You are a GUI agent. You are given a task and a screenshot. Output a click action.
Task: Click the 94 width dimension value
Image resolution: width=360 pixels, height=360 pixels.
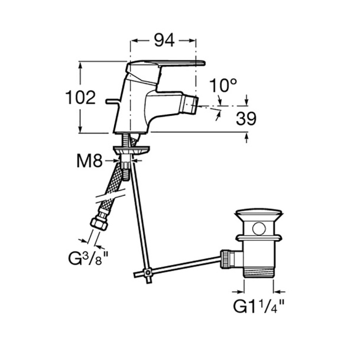pos(164,41)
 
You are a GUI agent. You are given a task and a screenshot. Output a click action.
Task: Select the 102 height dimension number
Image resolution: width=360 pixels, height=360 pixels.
pos(81,98)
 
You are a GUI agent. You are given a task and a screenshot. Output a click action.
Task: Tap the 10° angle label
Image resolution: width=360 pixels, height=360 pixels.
pos(223,85)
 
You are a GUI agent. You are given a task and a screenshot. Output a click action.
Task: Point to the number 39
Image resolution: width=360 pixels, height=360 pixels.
pos(246,118)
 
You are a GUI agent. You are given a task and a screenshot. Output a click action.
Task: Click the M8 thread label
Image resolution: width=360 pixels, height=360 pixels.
pos(89,161)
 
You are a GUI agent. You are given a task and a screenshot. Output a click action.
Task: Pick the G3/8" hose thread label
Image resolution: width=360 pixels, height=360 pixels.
pos(88,258)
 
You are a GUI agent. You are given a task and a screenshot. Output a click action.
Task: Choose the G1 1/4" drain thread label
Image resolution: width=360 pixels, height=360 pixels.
pos(259,306)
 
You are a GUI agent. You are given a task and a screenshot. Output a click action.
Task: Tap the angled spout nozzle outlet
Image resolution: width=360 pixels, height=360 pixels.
pos(189,105)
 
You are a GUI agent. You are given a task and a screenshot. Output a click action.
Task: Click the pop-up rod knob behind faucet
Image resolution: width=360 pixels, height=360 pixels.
pos(113,101)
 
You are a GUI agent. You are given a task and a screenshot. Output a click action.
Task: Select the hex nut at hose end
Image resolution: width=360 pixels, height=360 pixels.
pos(99,224)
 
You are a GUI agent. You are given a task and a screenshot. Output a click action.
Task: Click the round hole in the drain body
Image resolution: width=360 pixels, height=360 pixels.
pos(259,229)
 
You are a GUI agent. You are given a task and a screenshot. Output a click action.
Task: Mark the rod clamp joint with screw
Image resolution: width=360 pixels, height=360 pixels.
pos(148,272)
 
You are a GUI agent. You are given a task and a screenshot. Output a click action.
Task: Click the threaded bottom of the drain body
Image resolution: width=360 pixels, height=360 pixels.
pos(259,272)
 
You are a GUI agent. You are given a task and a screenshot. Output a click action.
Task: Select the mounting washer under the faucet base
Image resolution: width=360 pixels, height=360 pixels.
pos(131,150)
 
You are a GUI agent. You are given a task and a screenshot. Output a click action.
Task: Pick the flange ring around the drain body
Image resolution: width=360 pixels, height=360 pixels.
pos(259,238)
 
